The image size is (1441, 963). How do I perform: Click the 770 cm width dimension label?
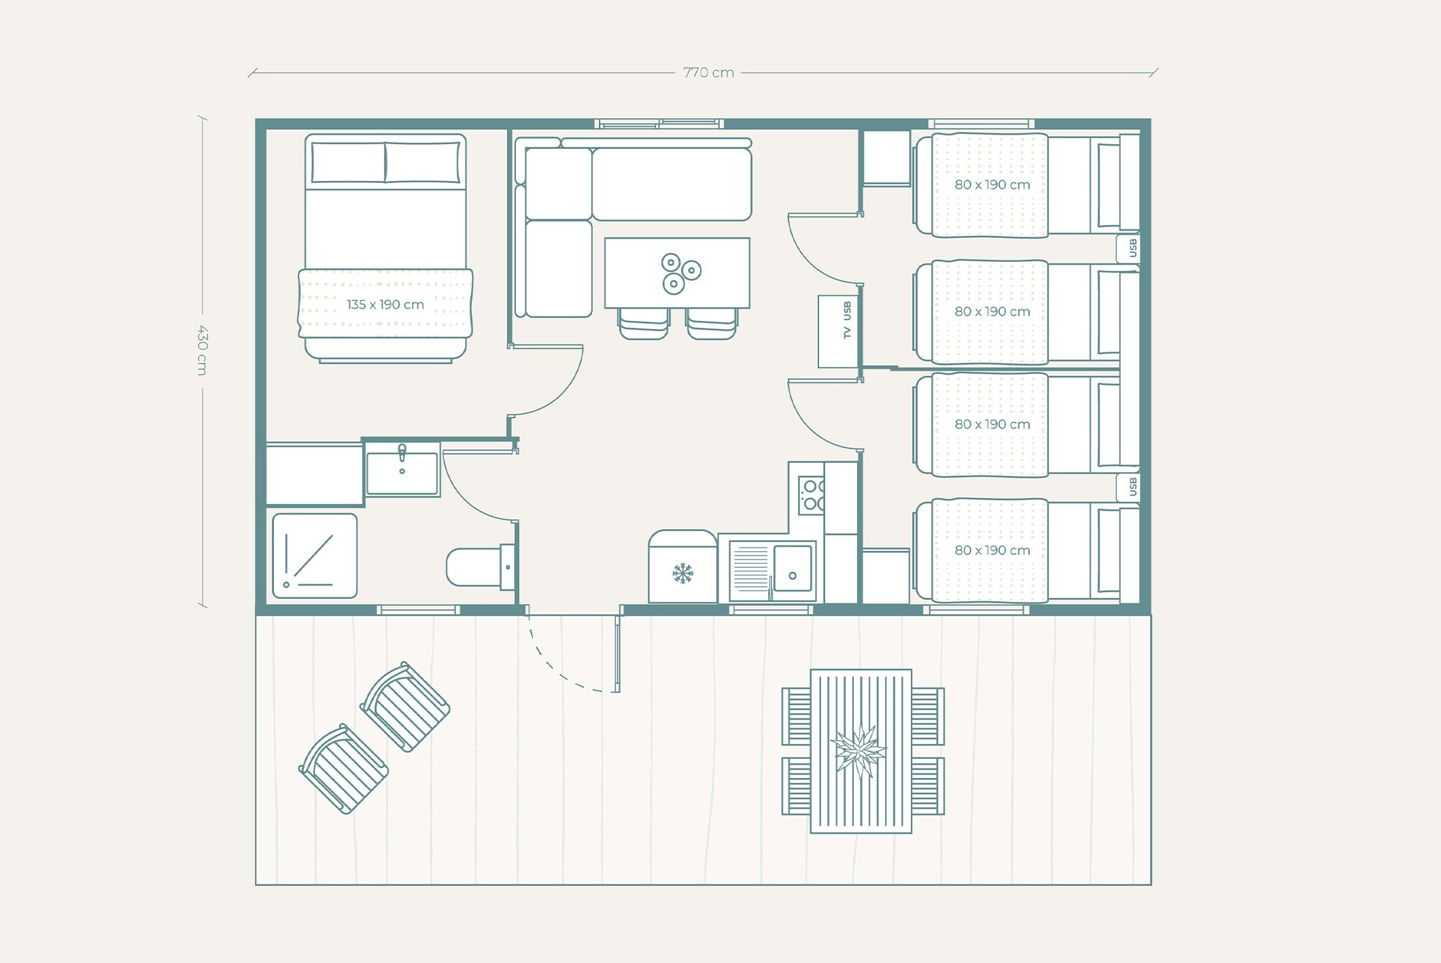click(708, 73)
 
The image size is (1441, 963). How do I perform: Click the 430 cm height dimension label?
click(202, 350)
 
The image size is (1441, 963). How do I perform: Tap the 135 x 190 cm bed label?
click(385, 305)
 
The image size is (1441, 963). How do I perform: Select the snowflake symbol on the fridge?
click(682, 573)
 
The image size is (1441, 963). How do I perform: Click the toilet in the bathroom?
click(481, 567)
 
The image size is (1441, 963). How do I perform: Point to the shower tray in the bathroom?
click(315, 556)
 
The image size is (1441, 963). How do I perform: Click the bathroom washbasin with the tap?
click(402, 470)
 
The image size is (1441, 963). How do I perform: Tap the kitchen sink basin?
click(793, 568)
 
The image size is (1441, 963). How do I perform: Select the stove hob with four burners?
click(811, 495)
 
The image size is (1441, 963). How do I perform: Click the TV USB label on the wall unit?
click(847, 320)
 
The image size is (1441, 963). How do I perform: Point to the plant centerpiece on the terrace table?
click(859, 751)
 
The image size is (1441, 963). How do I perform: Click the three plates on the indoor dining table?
click(680, 273)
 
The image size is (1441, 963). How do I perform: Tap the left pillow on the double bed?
click(348, 163)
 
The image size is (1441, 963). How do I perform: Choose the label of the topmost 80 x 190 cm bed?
click(992, 185)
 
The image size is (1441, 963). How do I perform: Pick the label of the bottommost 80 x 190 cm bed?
click(992, 551)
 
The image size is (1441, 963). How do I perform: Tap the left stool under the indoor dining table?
click(643, 324)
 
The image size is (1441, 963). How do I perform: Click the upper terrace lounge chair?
click(405, 707)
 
